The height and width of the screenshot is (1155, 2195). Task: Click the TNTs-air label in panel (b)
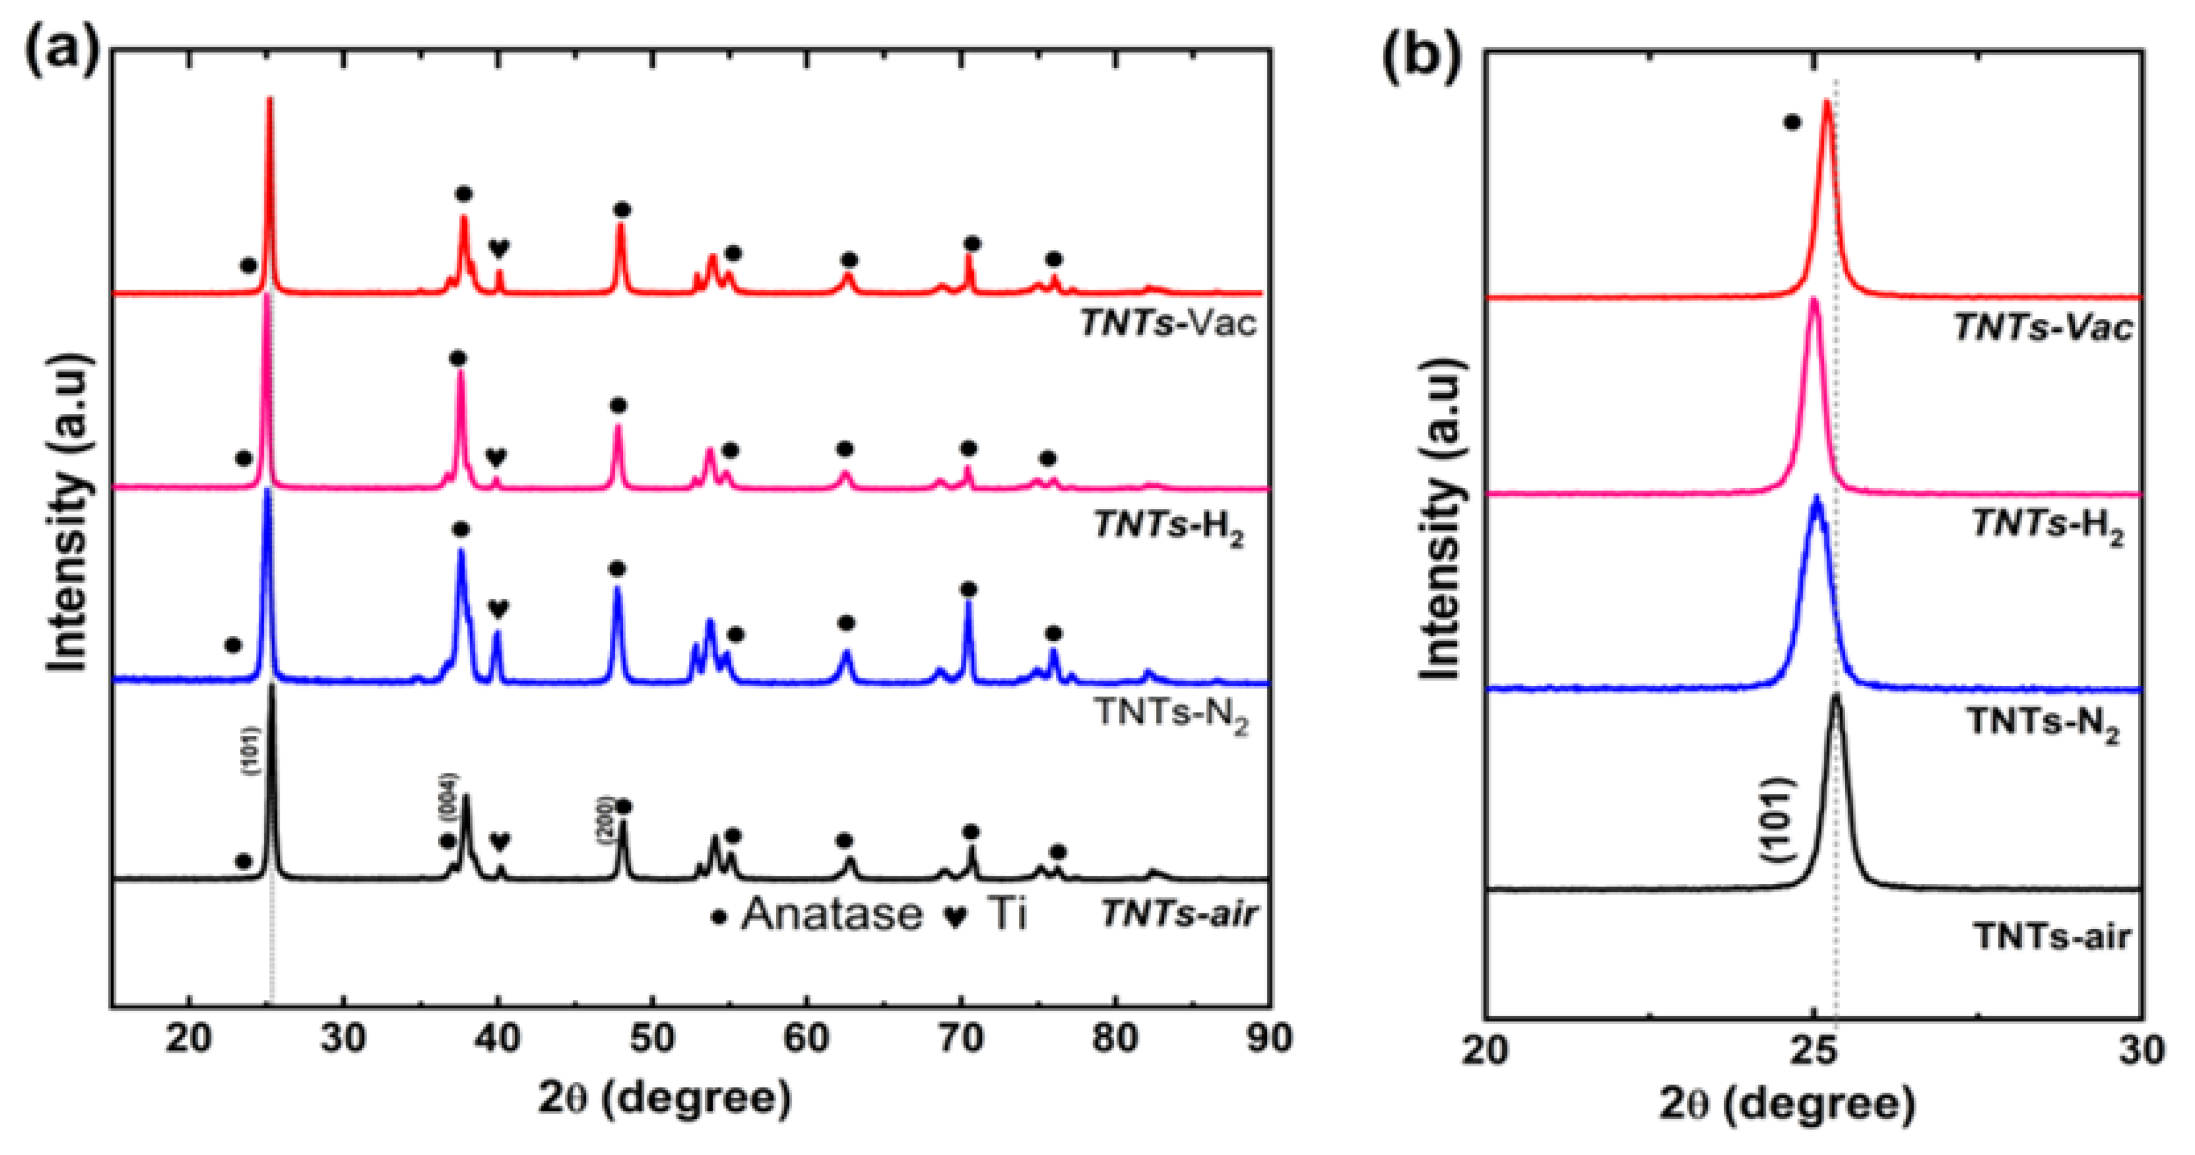coord(2052,937)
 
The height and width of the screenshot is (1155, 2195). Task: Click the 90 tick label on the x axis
coord(1269,1039)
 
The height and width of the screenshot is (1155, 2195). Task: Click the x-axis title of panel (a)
coord(665,1099)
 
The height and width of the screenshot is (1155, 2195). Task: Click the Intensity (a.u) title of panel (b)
coord(1442,519)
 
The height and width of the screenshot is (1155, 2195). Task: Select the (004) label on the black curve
coord(448,796)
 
